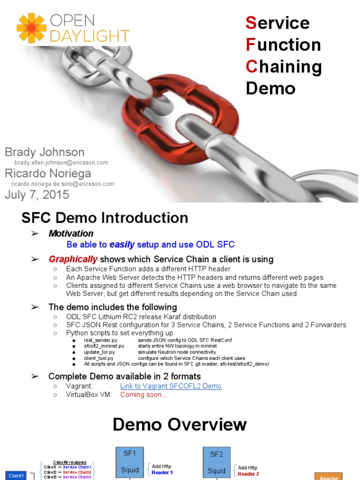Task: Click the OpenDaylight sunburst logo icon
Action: pyautogui.click(x=31, y=28)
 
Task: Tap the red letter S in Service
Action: pyautogui.click(x=251, y=22)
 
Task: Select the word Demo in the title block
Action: pyautogui.click(x=270, y=88)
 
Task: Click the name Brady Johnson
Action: pyautogui.click(x=45, y=152)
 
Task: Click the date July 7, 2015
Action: pyautogui.click(x=37, y=195)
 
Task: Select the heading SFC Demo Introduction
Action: pyautogui.click(x=105, y=218)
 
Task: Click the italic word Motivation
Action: pyautogui.click(x=71, y=233)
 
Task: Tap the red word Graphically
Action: pyautogui.click(x=73, y=259)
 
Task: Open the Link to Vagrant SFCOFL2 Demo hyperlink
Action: pyautogui.click(x=171, y=386)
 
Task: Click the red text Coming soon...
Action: pyautogui.click(x=143, y=395)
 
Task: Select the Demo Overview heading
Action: pyautogui.click(x=180, y=425)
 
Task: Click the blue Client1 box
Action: pyautogui.click(x=16, y=476)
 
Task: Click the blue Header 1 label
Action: pyautogui.click(x=162, y=472)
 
